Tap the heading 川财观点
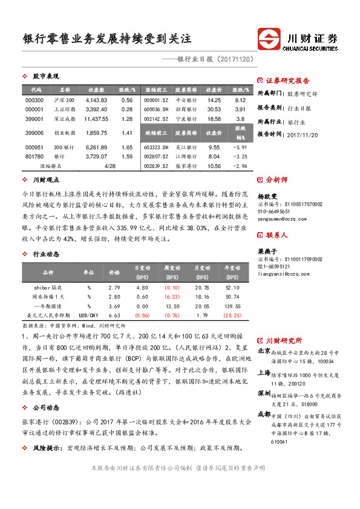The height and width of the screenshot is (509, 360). click(45, 180)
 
